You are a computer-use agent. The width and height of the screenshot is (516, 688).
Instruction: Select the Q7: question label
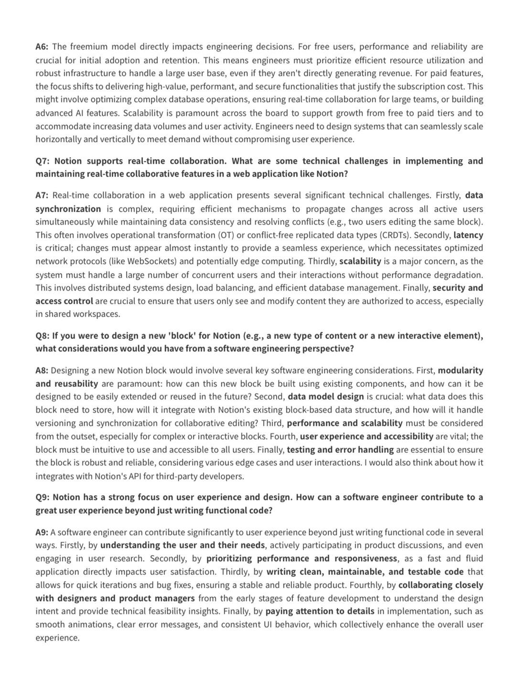pos(43,161)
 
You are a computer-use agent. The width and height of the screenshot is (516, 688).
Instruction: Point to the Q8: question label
pos(43,336)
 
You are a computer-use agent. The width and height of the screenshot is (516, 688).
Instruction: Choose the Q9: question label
pos(43,497)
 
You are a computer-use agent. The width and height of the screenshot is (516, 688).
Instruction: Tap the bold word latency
pos(468,235)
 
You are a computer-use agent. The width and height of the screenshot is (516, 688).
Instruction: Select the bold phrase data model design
pos(325,397)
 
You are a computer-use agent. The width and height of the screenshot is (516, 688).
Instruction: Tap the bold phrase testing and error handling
pos(340,450)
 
